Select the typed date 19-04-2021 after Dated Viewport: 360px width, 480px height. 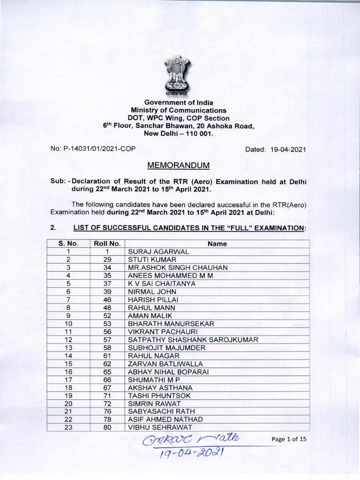[285, 150]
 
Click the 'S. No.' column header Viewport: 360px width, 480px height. [68, 244]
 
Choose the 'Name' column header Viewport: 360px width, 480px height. [217, 244]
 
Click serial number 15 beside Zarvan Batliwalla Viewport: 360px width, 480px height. [68, 363]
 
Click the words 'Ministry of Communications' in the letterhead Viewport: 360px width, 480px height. [179, 110]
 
